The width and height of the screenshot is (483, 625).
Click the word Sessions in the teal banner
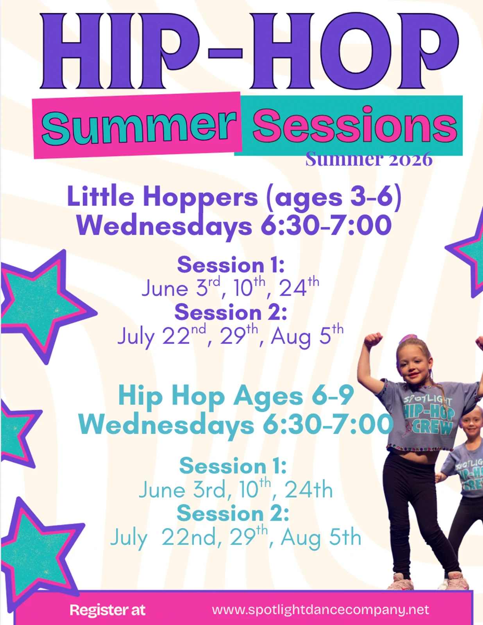tap(355, 125)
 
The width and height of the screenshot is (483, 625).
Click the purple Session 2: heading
tap(231, 312)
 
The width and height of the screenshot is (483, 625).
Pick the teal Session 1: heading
tap(233, 466)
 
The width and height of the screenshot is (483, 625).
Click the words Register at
tap(107, 610)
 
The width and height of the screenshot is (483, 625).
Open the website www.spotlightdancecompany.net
tap(320, 610)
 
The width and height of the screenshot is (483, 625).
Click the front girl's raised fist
tap(373, 341)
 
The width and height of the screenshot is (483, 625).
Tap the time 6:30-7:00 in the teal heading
tap(328, 424)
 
